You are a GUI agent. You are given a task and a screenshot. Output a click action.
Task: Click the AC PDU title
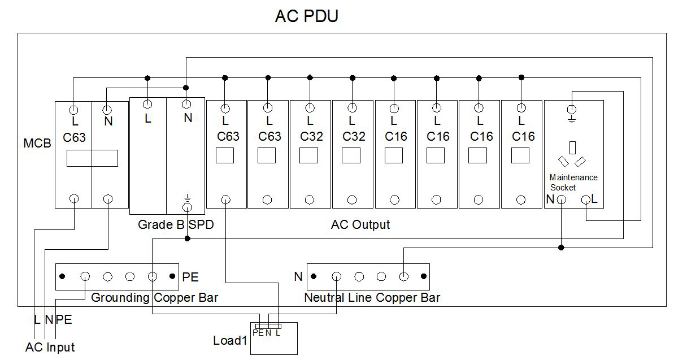(306, 16)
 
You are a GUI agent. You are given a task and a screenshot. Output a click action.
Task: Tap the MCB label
(37, 144)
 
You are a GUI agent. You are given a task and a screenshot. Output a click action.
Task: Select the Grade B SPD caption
(176, 225)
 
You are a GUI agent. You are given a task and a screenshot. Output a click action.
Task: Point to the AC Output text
(360, 225)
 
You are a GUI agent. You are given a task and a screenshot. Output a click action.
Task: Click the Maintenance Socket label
(573, 182)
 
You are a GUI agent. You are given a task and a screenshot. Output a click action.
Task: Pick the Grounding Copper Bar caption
(154, 297)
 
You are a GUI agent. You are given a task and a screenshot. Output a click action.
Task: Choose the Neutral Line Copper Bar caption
(372, 297)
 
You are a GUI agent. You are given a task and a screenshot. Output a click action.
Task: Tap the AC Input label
(50, 347)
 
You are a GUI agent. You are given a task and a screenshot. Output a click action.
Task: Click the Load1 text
(230, 341)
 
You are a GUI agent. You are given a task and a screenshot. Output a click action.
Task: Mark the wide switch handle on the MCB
(92, 158)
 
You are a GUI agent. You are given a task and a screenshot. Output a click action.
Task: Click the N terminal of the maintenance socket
(561, 199)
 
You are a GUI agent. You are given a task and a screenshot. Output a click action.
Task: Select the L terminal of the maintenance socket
(586, 199)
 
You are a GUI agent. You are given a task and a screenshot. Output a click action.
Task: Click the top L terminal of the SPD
(147, 104)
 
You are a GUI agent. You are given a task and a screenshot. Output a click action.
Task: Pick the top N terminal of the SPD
(186, 104)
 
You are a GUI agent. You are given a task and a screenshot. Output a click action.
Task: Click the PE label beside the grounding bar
(190, 277)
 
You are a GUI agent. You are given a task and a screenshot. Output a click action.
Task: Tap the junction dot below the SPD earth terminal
(188, 238)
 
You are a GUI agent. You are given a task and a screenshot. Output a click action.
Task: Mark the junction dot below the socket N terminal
(561, 248)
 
